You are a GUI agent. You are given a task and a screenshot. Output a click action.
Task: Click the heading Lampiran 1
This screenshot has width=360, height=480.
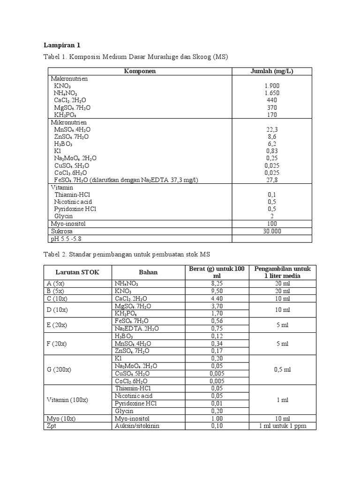coord(62,45)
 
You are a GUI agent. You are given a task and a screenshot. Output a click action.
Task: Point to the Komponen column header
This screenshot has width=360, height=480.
coord(140,71)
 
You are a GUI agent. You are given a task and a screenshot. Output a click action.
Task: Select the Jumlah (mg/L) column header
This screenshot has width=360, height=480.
coord(272,71)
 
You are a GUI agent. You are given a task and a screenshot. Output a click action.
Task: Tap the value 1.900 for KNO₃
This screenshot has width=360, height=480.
coord(272,86)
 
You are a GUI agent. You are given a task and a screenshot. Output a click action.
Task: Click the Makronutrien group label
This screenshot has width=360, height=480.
coord(69,79)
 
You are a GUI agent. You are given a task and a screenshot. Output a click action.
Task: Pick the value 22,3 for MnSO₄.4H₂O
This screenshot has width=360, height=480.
coord(272,129)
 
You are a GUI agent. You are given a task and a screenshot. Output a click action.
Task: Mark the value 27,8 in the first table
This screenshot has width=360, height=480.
coord(272,180)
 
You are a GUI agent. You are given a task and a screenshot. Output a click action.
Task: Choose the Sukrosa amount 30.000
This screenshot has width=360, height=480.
coord(272,231)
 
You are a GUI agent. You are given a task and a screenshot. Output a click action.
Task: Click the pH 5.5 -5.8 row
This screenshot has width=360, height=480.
coord(69,239)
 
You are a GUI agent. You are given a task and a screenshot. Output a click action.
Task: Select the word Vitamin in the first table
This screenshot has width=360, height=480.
coord(62,187)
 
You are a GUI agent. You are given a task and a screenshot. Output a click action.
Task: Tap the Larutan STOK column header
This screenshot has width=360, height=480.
coord(77,272)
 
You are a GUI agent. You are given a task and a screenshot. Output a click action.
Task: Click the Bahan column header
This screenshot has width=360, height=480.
coord(148,272)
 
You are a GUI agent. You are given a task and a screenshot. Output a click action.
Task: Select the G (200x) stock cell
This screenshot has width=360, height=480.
coord(59,369)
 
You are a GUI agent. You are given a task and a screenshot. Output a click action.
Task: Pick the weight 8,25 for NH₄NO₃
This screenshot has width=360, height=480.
coord(216,284)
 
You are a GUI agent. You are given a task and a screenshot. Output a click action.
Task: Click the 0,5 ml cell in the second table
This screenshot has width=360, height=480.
coord(283,369)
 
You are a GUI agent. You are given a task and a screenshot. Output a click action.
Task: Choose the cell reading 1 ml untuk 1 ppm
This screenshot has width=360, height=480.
coord(283,426)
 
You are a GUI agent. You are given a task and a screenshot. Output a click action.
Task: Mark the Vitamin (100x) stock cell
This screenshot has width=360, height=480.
coord(67,400)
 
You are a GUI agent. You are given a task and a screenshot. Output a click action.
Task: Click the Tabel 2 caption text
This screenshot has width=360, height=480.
coord(127,254)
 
